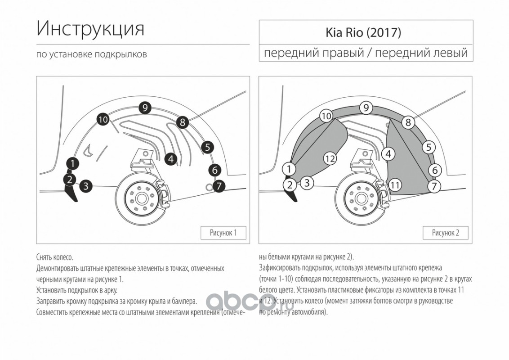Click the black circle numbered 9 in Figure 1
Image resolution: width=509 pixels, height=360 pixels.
coord(145,108)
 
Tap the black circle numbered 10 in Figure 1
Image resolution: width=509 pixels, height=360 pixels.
coord(103,120)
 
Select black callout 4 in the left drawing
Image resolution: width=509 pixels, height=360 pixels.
coord(171,159)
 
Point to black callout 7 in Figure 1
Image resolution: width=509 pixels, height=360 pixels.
coord(219,186)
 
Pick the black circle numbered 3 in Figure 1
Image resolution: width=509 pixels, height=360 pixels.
coord(86,186)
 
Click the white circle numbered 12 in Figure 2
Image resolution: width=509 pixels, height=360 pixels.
coord(330,158)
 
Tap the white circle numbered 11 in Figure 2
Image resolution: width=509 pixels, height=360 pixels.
coord(395,185)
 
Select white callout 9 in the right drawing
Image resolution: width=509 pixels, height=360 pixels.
coord(366,107)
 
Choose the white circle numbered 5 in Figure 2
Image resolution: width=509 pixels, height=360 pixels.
coord(429,147)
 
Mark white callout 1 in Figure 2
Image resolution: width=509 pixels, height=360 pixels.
coord(289,169)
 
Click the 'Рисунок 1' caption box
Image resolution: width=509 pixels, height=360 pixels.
coord(223,233)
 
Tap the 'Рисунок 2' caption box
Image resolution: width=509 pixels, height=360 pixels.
coord(445,233)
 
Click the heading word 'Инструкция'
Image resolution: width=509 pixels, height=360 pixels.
coord(90,29)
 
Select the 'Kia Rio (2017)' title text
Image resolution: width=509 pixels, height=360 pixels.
coord(363,32)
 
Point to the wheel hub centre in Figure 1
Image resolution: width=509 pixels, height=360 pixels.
coord(141,199)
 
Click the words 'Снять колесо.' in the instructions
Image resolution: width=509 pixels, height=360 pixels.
coord(55,257)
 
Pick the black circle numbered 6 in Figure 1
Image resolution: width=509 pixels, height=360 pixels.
coord(214,170)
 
